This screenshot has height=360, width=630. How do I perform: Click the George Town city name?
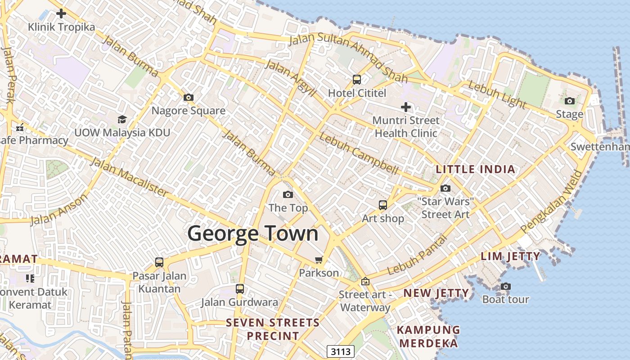click(x=252, y=234)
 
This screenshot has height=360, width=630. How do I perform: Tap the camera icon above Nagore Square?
click(x=189, y=97)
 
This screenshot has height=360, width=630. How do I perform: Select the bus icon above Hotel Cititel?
click(x=357, y=80)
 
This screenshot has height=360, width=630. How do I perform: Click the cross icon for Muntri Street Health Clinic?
click(x=406, y=107)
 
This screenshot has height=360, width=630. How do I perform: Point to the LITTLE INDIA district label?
click(x=476, y=170)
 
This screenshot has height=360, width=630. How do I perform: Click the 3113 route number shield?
click(x=341, y=351)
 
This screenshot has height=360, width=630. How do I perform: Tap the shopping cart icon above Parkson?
click(x=319, y=259)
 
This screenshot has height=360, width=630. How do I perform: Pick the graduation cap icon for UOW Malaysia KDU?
click(x=122, y=119)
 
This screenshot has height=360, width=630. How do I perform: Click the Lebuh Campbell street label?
click(x=359, y=153)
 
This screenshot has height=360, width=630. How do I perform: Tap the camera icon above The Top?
click(x=288, y=194)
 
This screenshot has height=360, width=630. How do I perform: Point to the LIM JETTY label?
click(x=510, y=256)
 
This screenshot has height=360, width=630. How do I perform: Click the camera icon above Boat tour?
click(x=506, y=286)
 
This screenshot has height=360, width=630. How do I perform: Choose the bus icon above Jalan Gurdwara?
click(x=240, y=288)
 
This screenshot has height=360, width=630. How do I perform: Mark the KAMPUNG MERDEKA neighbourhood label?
click(x=428, y=336)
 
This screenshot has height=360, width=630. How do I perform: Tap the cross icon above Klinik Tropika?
click(x=61, y=13)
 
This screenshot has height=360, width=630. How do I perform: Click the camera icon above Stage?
click(x=570, y=101)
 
